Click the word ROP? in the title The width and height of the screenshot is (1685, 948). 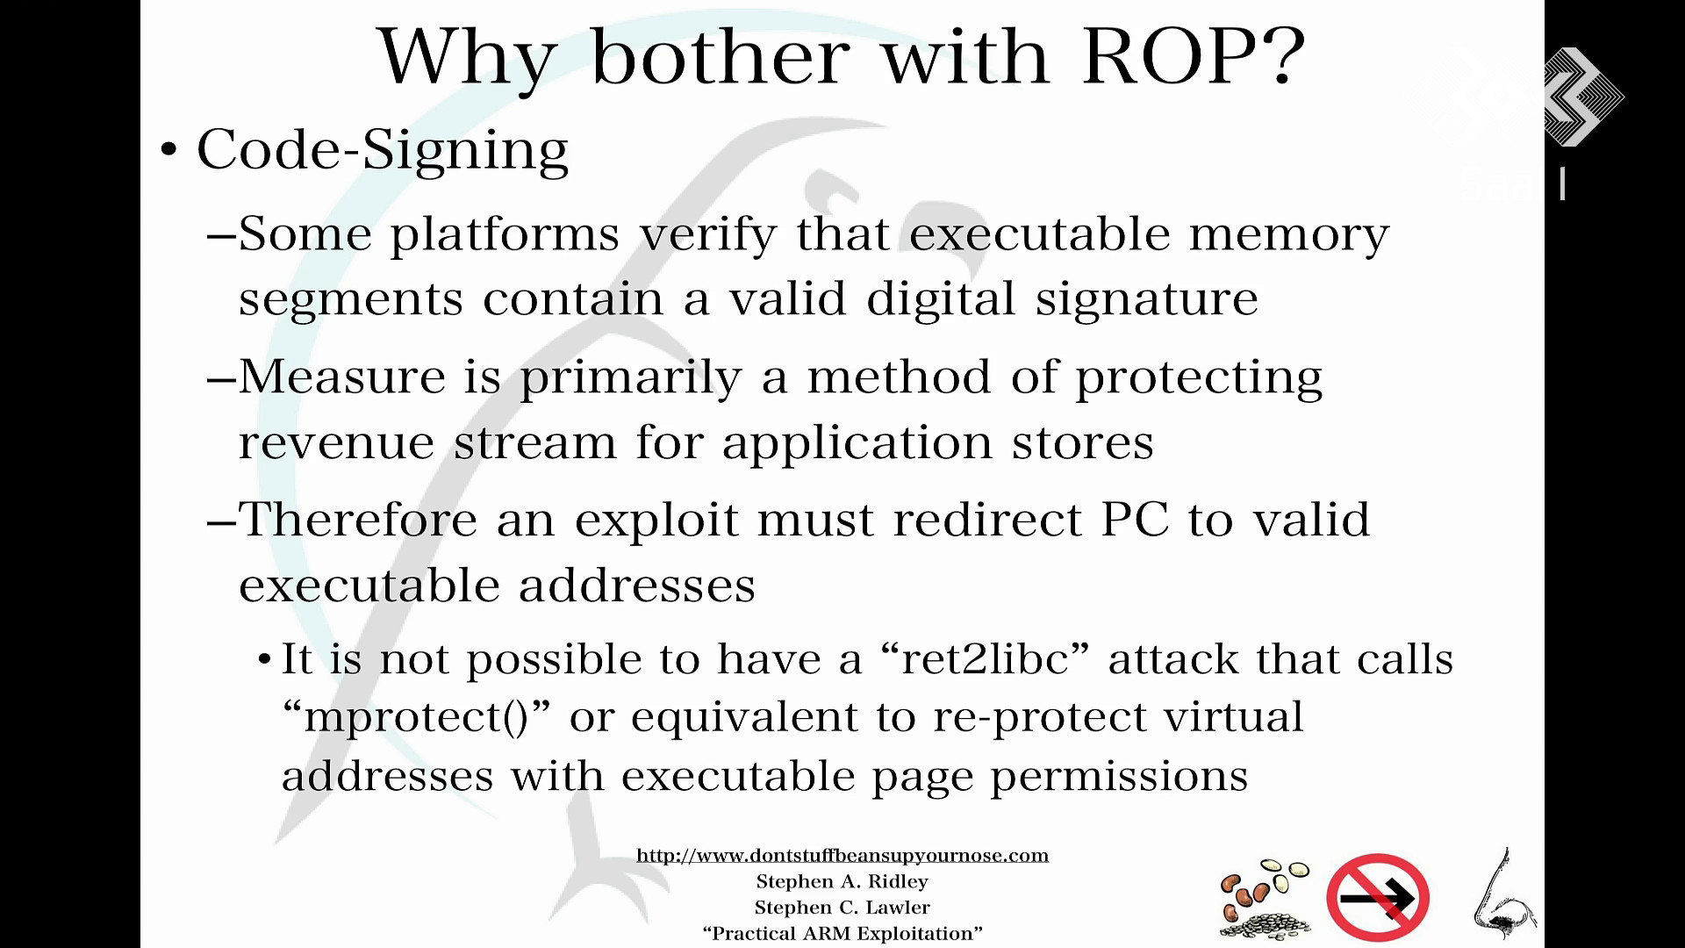point(1194,57)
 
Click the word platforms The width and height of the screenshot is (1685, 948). point(505,234)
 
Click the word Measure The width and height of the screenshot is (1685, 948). point(342,377)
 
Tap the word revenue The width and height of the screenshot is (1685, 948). point(336,442)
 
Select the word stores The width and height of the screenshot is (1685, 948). point(1082,442)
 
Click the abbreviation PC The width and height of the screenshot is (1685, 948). point(1135,520)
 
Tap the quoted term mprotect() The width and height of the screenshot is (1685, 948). point(415,718)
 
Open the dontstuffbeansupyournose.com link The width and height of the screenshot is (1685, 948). point(842,856)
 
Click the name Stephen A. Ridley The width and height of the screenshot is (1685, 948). point(842,881)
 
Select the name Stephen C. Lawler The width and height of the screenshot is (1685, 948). point(842,908)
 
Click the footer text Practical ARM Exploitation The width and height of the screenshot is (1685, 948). point(842,933)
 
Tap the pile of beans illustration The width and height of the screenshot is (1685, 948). point(1266,898)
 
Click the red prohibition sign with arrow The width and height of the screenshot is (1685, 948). point(1378,897)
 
